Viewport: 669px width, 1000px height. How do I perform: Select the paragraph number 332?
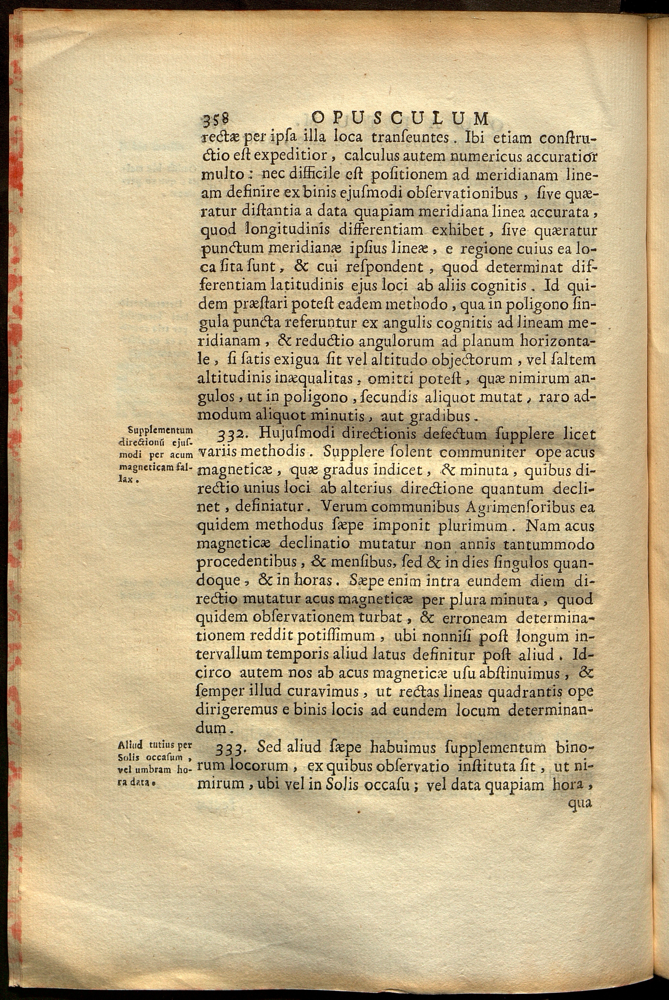click(x=230, y=435)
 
